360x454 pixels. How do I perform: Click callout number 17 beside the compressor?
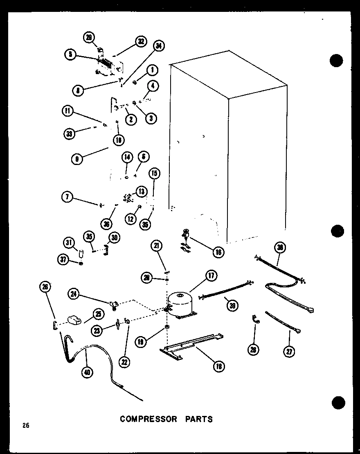212,276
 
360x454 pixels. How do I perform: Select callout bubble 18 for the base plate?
218,366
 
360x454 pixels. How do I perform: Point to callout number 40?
87,372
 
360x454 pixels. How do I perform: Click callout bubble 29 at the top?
88,38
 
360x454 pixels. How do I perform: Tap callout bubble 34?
159,47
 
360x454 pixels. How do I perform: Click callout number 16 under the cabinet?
218,252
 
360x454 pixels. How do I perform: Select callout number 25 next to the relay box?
98,314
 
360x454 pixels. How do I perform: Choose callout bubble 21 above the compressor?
157,246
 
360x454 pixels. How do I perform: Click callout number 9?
76,159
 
